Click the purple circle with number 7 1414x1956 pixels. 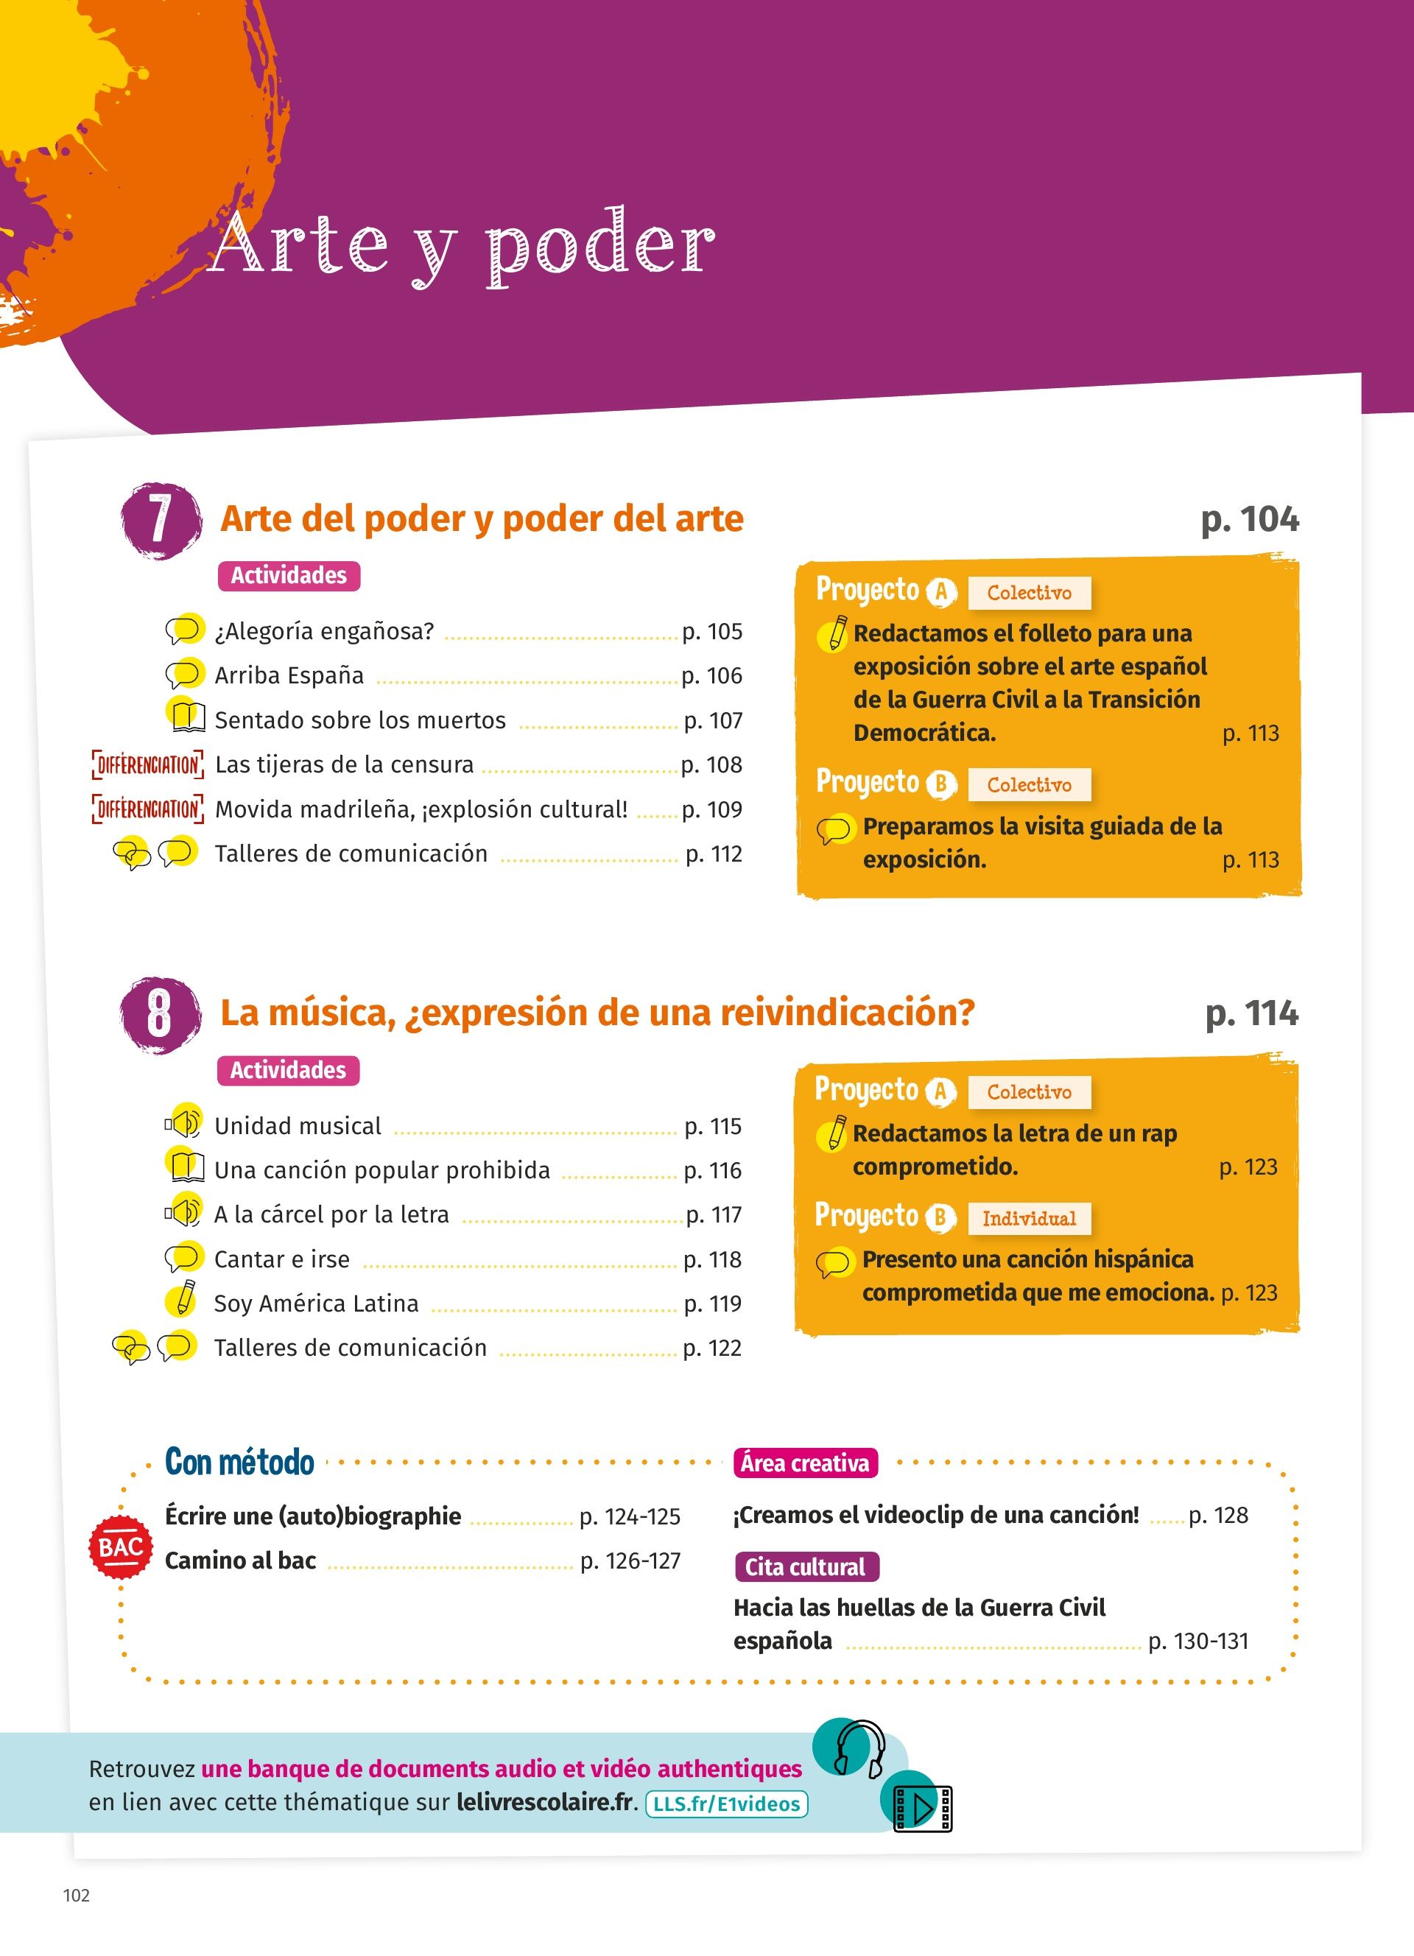pyautogui.click(x=161, y=520)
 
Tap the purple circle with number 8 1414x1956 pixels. pyautogui.click(x=160, y=1014)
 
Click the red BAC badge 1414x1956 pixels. pyautogui.click(x=121, y=1547)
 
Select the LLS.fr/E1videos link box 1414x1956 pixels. pyautogui.click(x=726, y=1804)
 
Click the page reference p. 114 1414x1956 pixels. pyautogui.click(x=1251, y=1013)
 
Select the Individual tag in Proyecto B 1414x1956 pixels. pyautogui.click(x=1029, y=1219)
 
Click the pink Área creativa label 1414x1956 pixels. pyautogui.click(x=804, y=1463)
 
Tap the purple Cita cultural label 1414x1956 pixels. pyautogui.click(x=805, y=1567)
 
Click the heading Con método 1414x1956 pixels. pyautogui.click(x=239, y=1462)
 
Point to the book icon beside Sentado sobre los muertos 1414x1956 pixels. pyautogui.click(x=187, y=716)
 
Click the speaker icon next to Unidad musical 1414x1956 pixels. pyautogui.click(x=183, y=1123)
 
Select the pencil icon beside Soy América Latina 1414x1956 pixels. pyautogui.click(x=183, y=1300)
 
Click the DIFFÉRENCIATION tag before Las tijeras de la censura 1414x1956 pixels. pyautogui.click(x=147, y=765)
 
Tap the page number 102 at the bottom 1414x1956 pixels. pyautogui.click(x=77, y=1895)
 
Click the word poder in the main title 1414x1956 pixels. pyautogui.click(x=600, y=247)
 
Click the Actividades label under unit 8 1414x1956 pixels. pyautogui.click(x=288, y=1070)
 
